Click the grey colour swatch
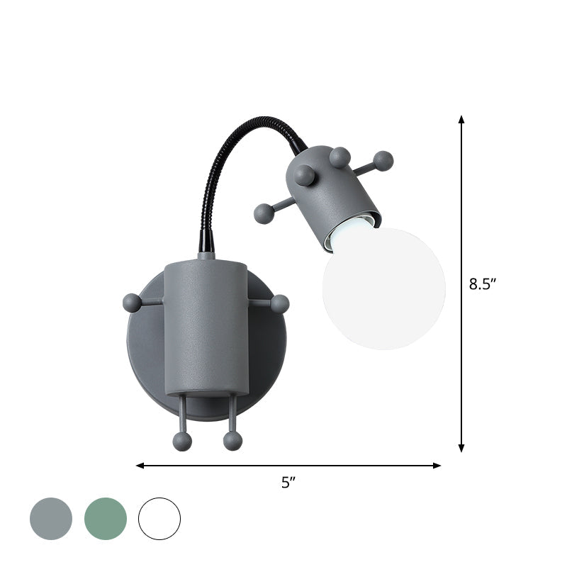tap(51, 519)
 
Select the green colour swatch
tap(106, 519)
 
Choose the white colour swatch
tap(159, 519)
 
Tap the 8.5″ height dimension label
tap(483, 284)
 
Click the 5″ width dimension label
tap(288, 483)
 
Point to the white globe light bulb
tap(384, 288)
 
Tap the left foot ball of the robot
tap(182, 442)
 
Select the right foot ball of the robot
tap(232, 442)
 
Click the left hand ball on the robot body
tap(133, 303)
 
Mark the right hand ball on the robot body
tap(280, 304)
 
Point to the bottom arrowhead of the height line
tap(461, 447)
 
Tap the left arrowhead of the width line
tap(140, 466)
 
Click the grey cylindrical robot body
tap(206, 326)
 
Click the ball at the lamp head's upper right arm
tap(383, 161)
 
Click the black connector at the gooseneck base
tap(205, 242)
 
